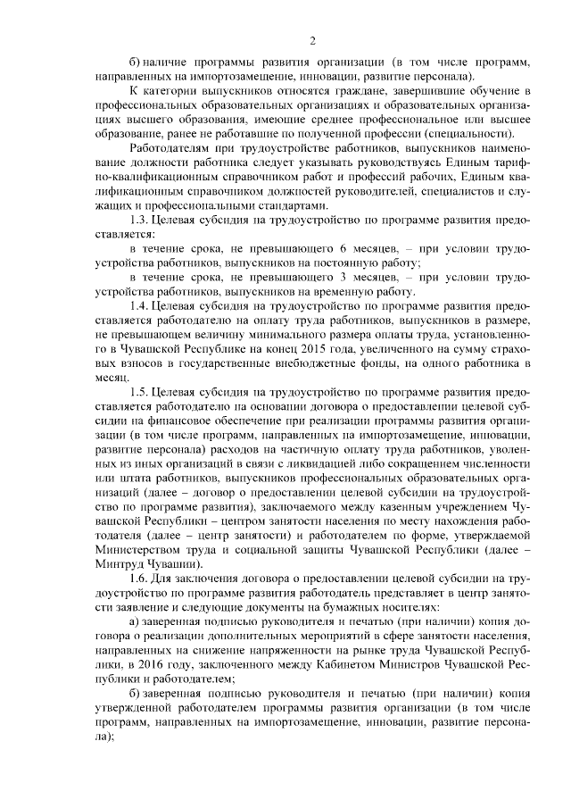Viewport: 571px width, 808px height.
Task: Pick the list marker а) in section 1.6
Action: pos(134,621)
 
